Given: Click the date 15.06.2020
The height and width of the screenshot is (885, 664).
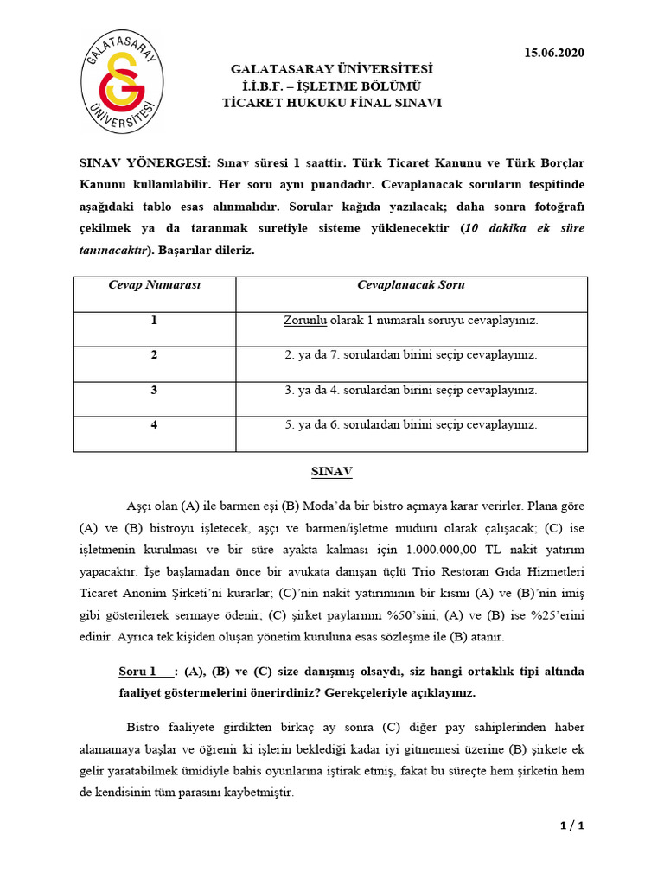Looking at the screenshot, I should (554, 53).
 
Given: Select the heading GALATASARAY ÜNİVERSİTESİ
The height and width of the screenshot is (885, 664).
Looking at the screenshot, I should (331, 68).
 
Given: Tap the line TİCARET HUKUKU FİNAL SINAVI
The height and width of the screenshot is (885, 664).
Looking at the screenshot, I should (331, 102).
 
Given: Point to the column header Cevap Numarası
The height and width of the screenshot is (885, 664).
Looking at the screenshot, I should (155, 285).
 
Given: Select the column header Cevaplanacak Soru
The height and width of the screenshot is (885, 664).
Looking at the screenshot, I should (411, 285).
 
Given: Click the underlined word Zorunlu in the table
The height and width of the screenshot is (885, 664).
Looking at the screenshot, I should (304, 320).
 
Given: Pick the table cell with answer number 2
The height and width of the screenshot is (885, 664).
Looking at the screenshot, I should (154, 355).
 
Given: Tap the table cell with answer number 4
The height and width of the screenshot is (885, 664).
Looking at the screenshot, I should (154, 424).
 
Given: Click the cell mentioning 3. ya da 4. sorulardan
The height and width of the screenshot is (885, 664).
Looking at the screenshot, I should (411, 390).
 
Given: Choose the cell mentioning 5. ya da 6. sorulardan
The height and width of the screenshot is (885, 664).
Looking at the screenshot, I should (411, 424).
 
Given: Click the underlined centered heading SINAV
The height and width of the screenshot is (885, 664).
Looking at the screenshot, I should (332, 473).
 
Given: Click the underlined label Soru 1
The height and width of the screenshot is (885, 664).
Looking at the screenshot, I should (138, 672).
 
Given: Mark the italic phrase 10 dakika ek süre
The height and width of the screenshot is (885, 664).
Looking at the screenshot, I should (524, 228).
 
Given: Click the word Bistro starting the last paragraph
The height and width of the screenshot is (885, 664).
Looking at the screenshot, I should (144, 728).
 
